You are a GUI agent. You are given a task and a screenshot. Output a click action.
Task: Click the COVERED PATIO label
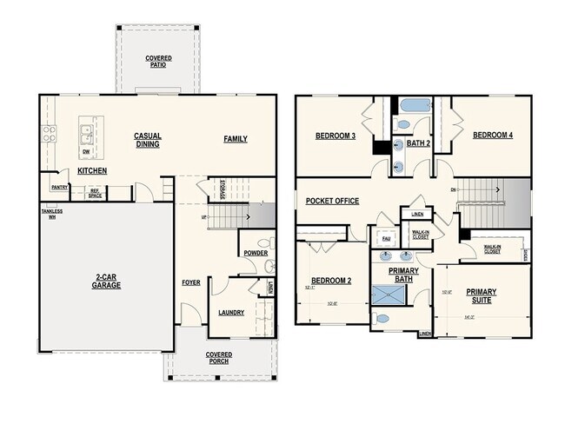click(x=158, y=61)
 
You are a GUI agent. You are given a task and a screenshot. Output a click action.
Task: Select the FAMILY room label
click(x=235, y=138)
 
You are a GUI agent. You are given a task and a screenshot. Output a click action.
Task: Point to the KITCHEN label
click(x=92, y=171)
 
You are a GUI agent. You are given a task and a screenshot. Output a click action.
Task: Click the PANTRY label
click(x=60, y=187)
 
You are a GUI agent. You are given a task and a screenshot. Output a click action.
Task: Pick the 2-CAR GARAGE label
click(x=108, y=281)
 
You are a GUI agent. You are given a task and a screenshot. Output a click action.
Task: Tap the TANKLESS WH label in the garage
click(x=52, y=214)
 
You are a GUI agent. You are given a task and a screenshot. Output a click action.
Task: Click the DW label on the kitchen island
click(x=85, y=151)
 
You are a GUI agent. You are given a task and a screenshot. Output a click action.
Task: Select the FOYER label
click(x=190, y=282)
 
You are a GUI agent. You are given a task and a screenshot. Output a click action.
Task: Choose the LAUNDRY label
click(x=231, y=313)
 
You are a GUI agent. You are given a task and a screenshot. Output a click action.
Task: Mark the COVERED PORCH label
click(x=218, y=358)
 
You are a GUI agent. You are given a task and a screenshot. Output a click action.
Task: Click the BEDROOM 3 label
click(x=334, y=136)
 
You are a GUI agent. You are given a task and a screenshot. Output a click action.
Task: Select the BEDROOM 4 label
click(x=492, y=136)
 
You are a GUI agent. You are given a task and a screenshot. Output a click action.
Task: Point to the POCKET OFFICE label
click(x=332, y=201)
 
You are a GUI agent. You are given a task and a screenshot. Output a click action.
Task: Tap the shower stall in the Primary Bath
click(x=389, y=296)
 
